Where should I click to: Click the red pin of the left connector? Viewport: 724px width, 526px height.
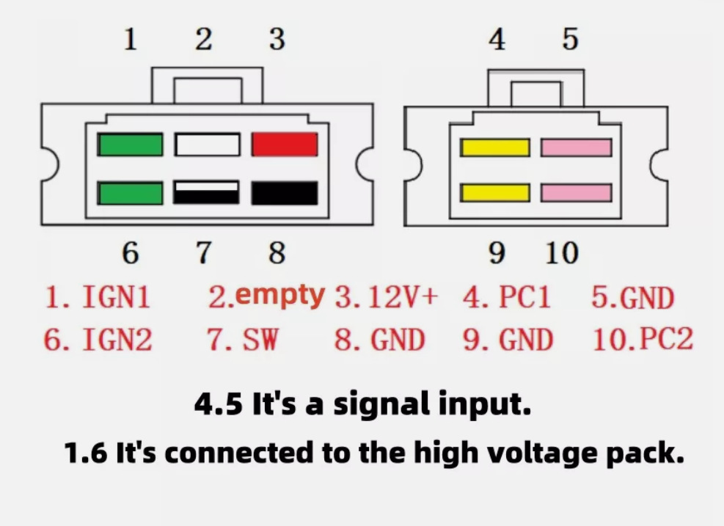(285, 145)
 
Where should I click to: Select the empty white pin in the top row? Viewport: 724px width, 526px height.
(208, 145)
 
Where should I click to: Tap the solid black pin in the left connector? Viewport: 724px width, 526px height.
(285, 193)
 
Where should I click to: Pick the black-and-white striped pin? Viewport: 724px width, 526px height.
(206, 193)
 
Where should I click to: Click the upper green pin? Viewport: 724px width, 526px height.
(131, 145)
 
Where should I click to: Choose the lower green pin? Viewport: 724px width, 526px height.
(131, 193)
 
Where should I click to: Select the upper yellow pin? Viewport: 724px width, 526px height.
(495, 147)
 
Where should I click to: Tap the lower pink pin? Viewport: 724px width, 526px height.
(577, 193)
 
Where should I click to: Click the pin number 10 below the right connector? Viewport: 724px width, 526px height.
(562, 253)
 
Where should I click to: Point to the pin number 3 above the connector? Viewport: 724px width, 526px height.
(277, 39)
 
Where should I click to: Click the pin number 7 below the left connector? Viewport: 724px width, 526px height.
(204, 253)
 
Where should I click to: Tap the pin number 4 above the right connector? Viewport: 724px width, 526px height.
(497, 39)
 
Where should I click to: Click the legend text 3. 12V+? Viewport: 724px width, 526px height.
(386, 296)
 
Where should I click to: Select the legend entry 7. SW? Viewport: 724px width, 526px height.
(242, 340)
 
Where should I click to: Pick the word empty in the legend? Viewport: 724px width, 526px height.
(280, 296)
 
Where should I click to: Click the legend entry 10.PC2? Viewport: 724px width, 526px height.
(643, 340)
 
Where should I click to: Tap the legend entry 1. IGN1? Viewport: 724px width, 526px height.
(98, 296)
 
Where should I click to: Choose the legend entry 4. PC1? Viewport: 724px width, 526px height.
(507, 296)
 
